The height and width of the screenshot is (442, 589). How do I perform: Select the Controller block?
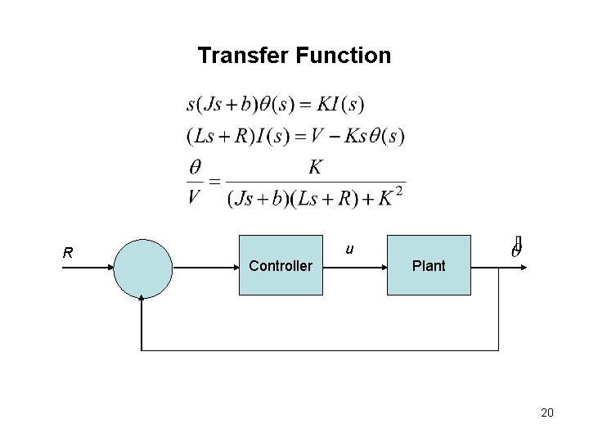click(280, 265)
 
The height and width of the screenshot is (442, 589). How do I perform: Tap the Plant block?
click(429, 265)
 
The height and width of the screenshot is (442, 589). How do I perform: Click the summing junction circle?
click(142, 267)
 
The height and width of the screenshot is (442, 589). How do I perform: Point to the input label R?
click(70, 253)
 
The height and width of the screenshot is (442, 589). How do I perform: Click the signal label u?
click(349, 249)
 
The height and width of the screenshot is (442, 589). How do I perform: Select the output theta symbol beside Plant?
click(516, 247)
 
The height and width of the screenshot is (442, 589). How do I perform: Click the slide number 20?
click(547, 413)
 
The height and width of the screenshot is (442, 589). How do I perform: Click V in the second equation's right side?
click(329, 134)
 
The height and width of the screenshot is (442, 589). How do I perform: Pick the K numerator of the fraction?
click(315, 168)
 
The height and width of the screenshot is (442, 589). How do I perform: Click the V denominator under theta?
click(196, 196)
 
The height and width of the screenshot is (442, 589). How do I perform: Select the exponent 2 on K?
click(398, 192)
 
